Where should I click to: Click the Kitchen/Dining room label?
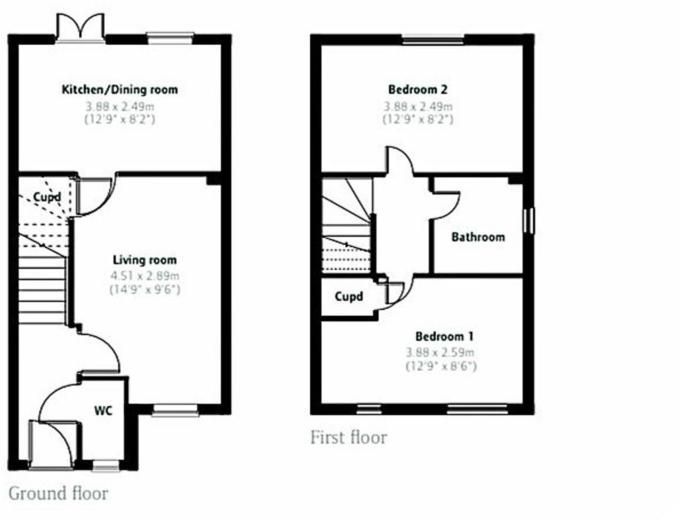[x=119, y=89]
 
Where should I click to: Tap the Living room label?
[x=144, y=260]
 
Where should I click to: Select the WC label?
[x=103, y=411]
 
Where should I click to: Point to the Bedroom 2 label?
[x=418, y=89]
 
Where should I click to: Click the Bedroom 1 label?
[x=444, y=336]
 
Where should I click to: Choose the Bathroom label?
[x=478, y=237]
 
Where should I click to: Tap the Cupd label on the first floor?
[x=349, y=297]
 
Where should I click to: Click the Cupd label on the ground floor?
[x=47, y=197]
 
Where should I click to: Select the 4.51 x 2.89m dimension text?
[x=145, y=276]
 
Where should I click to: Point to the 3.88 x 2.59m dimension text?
[x=440, y=353]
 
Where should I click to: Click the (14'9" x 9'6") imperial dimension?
[x=145, y=289]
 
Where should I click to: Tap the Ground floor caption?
[x=58, y=493]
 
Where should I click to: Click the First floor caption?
[x=348, y=437]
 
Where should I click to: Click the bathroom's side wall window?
[x=529, y=220]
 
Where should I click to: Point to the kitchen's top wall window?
[x=169, y=38]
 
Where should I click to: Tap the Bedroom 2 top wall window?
[x=433, y=39]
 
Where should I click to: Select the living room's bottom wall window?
[x=175, y=410]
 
